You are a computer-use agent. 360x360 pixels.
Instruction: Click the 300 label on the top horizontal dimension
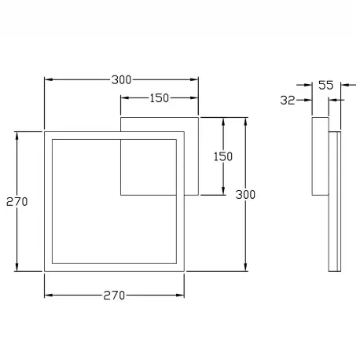pyautogui.click(x=121, y=80)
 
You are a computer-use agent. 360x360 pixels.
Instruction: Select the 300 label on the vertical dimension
pyautogui.click(x=245, y=195)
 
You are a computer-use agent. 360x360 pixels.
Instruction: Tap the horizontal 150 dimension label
pyautogui.click(x=160, y=98)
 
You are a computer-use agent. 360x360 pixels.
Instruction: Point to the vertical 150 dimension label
pyautogui.click(x=223, y=156)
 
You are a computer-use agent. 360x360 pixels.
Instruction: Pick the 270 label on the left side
pyautogui.click(x=17, y=202)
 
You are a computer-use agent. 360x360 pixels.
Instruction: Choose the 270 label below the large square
pyautogui.click(x=114, y=296)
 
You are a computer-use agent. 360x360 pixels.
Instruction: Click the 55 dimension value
pyautogui.click(x=326, y=85)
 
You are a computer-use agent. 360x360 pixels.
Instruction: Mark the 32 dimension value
pyautogui.click(x=288, y=100)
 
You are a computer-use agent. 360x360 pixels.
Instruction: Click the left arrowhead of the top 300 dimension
pyautogui.click(x=49, y=79)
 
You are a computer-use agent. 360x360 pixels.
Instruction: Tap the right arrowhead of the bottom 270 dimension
pyautogui.click(x=180, y=296)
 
